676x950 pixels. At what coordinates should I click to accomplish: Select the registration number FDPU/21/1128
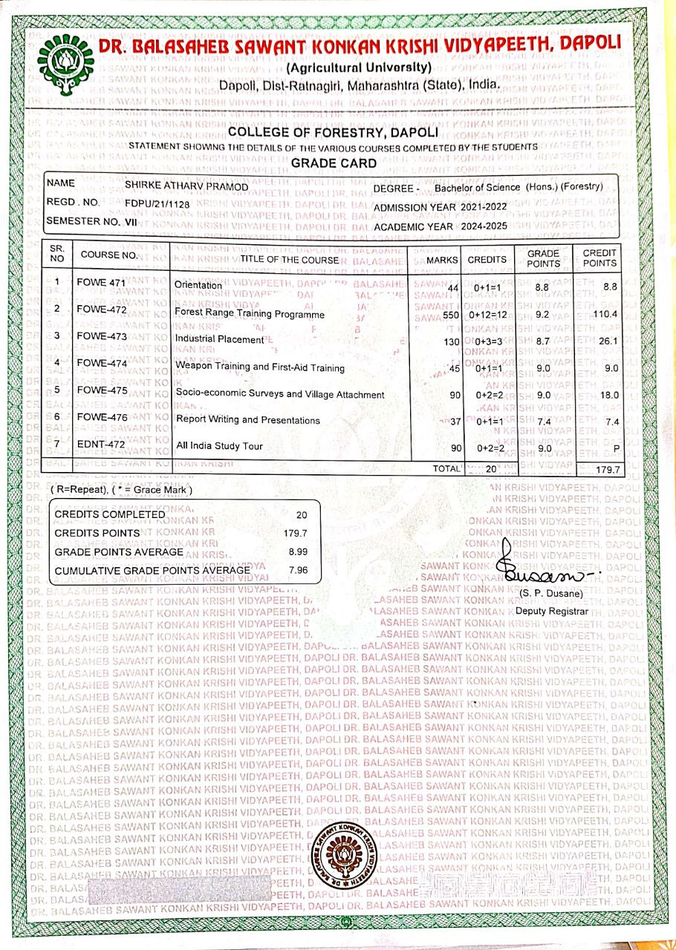click(x=157, y=202)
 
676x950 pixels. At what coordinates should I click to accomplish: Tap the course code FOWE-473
click(x=101, y=336)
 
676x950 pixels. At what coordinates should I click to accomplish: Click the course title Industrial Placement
click(x=219, y=339)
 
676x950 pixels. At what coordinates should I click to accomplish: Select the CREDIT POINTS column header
click(x=599, y=258)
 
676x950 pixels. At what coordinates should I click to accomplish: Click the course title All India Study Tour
click(x=219, y=446)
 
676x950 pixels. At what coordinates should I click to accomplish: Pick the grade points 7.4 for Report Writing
click(x=543, y=421)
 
